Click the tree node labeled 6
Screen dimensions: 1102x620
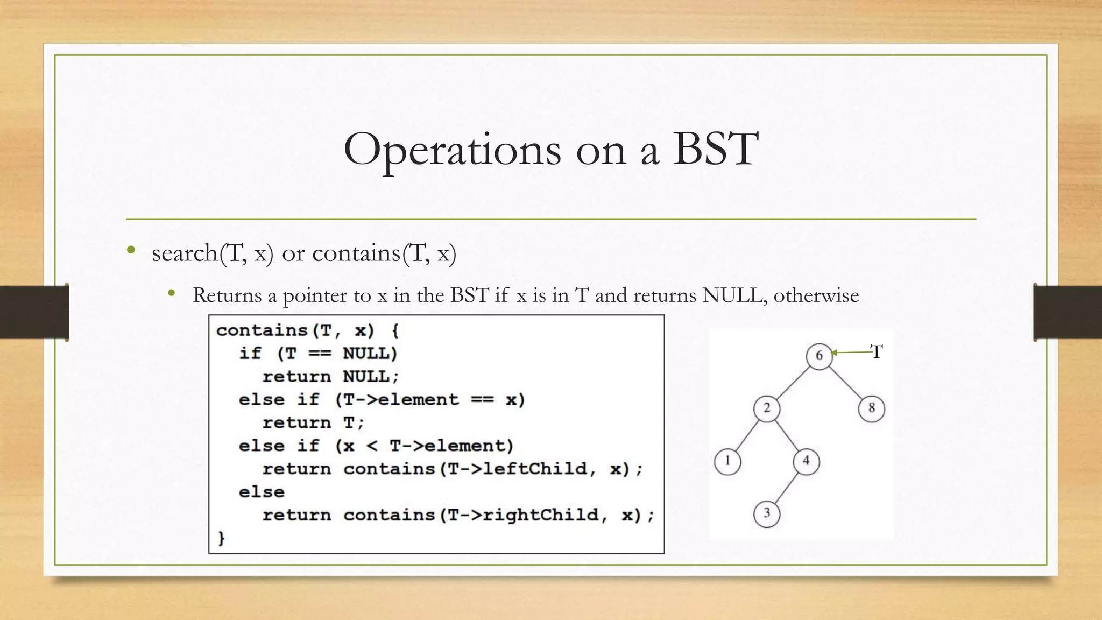[x=819, y=356]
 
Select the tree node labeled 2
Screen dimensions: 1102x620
[x=767, y=408]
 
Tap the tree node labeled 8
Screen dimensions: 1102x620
[x=871, y=408]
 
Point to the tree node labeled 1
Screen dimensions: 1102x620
[x=727, y=461]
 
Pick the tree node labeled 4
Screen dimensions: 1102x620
[x=806, y=461]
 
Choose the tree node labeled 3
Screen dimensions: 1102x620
[x=767, y=513]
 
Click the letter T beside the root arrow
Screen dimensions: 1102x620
[x=877, y=352]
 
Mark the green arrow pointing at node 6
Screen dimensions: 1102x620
[x=852, y=353]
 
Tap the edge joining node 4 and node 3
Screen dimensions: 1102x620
[x=786, y=487]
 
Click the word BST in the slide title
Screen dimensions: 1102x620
[x=716, y=149]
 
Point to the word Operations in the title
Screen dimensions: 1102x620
[x=453, y=150]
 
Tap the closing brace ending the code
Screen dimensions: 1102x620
[x=221, y=538]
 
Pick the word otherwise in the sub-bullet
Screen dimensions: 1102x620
[x=816, y=295]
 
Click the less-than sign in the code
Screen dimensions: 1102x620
[x=372, y=446]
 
